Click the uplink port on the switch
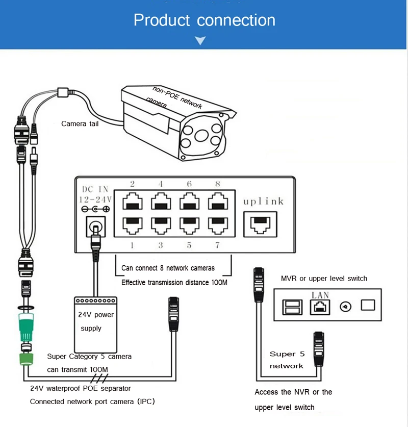pyautogui.click(x=260, y=224)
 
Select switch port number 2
pyautogui.click(x=132, y=202)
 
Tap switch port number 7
pyautogui.click(x=218, y=225)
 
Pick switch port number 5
pyautogui.click(x=189, y=225)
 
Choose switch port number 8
pyautogui.click(x=218, y=202)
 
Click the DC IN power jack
pyautogui.click(x=95, y=227)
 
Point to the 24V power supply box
pyautogui.click(x=95, y=325)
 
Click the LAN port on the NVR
pyautogui.click(x=320, y=307)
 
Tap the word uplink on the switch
pyautogui.click(x=263, y=202)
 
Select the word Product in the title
pyautogui.click(x=162, y=20)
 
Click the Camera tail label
pyautogui.click(x=80, y=123)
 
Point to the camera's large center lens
pyautogui.click(x=201, y=135)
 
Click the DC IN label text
pyautogui.click(x=95, y=189)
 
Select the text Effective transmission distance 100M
pyautogui.click(x=174, y=283)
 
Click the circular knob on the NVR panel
pyautogui.click(x=345, y=307)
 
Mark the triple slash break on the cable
pyautogui.click(x=99, y=378)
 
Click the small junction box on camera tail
pyautogui.click(x=63, y=92)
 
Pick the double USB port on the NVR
pyautogui.click(x=292, y=307)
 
